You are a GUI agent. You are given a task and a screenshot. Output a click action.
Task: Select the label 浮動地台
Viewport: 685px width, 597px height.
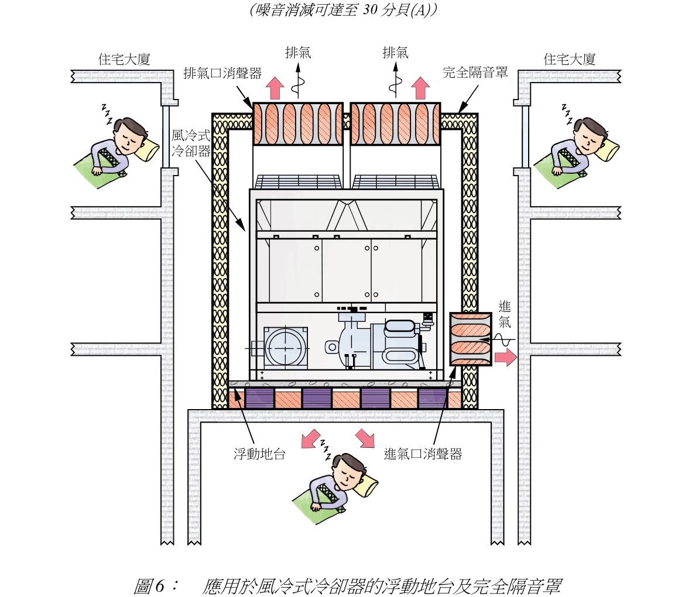click(259, 454)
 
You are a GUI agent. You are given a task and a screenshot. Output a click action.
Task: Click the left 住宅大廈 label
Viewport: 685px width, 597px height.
click(125, 59)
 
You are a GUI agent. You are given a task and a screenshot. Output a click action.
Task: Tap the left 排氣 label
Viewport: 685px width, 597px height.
click(298, 53)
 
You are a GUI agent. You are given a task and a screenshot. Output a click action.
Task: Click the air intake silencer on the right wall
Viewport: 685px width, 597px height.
click(470, 339)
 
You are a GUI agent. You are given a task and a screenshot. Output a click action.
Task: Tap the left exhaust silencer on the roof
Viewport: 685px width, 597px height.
click(298, 124)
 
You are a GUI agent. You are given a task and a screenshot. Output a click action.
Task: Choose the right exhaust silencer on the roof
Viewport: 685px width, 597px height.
click(395, 124)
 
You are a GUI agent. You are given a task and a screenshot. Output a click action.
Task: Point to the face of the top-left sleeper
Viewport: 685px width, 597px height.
click(129, 136)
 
